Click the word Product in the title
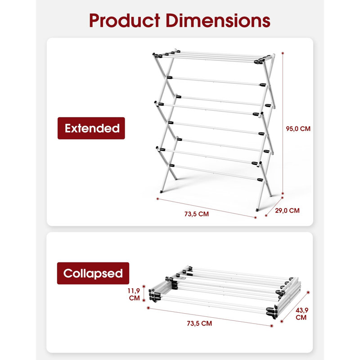(125, 20)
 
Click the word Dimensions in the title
(218, 20)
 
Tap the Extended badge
(91, 128)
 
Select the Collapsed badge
(93, 273)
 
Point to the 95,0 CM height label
(298, 129)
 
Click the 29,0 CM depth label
(287, 211)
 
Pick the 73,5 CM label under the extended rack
(197, 214)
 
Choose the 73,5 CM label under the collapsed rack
(199, 323)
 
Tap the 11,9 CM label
(134, 294)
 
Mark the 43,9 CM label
(301, 314)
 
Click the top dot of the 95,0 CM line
(283, 53)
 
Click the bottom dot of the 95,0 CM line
(283, 193)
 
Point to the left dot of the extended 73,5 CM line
(157, 199)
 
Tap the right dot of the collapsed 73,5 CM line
(272, 326)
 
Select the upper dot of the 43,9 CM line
(308, 292)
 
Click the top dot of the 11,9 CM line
(144, 286)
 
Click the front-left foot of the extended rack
(161, 192)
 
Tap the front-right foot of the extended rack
(257, 210)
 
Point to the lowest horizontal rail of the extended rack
(216, 172)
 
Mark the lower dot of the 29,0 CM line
(266, 216)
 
